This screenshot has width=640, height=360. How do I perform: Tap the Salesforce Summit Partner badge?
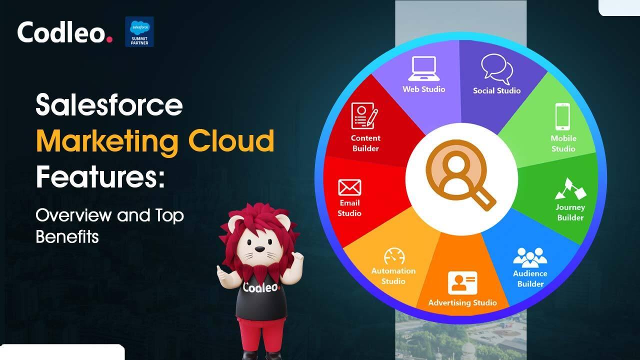pos(139,32)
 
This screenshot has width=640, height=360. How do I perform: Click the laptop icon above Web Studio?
pos(423,68)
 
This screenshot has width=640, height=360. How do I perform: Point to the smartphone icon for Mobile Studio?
pos(562,116)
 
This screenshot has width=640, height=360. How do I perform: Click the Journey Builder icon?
pos(570,188)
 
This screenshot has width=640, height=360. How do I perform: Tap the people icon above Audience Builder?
pos(530,257)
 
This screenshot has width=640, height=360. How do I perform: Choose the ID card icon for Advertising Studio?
pos(462,282)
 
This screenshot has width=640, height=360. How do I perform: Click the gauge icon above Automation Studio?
pos(393,257)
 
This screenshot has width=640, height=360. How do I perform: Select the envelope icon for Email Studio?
pos(349,187)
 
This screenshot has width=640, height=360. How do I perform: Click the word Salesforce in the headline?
pos(109,105)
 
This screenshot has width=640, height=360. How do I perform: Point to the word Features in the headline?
pos(100,176)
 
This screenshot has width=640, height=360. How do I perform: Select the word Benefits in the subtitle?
pos(67,236)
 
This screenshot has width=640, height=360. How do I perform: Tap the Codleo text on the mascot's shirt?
pos(261,288)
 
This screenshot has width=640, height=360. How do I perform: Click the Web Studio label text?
pos(423,89)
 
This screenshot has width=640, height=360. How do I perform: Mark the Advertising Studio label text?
pos(462,302)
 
